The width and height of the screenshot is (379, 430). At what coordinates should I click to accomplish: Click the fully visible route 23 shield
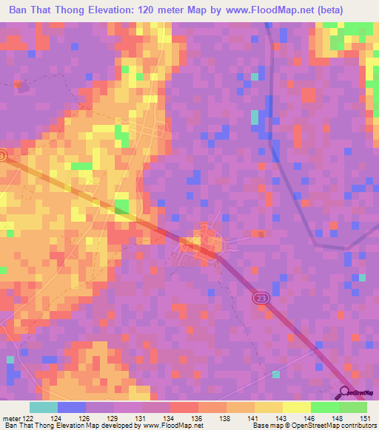point(260,298)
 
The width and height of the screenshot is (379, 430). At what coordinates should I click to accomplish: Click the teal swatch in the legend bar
point(43,407)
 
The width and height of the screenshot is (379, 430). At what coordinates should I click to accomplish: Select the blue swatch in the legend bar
point(71,407)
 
